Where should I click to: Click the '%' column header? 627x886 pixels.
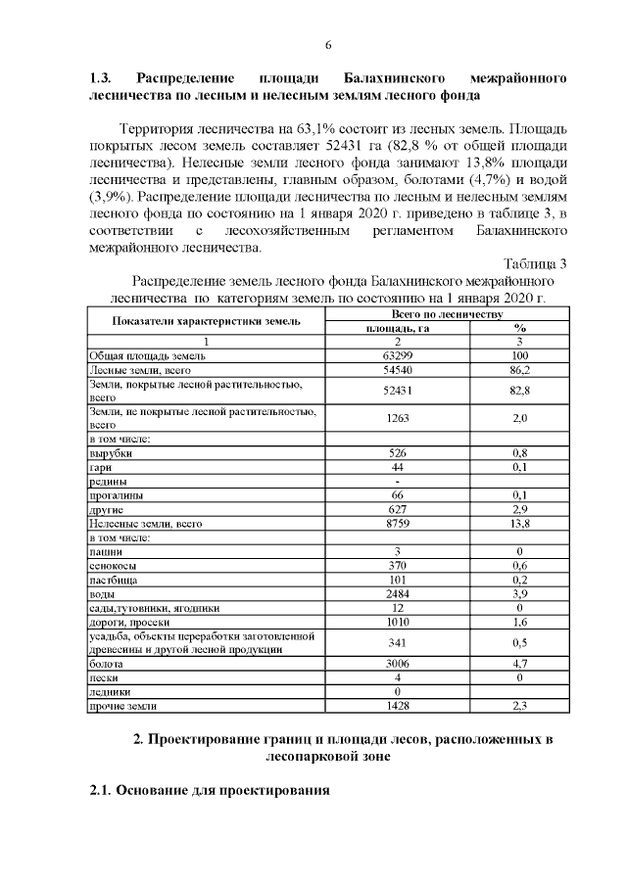pos(520,328)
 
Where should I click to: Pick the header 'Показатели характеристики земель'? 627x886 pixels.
pos(206,321)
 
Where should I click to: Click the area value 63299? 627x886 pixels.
pos(397,356)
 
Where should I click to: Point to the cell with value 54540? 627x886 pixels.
pos(397,371)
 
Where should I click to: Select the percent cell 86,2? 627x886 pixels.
pos(520,371)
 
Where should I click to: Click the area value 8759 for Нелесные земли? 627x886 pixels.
pos(397,524)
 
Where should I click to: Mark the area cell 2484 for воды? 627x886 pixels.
pos(397,594)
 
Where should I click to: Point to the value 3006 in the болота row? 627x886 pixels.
pos(397,664)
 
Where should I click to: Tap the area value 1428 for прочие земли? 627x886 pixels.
pos(397,705)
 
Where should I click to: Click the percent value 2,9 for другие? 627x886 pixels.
pos(520,510)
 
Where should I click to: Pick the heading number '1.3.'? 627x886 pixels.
pos(102,76)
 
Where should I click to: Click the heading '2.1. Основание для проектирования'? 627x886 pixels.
pos(209,790)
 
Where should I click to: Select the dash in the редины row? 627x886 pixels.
pos(397,482)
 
